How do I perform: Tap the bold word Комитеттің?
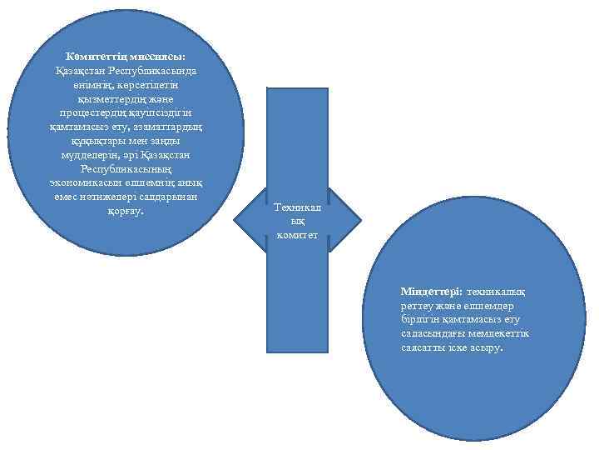point(98,55)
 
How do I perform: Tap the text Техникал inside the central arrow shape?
point(297,207)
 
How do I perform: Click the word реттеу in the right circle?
point(418,306)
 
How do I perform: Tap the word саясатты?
point(423,347)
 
